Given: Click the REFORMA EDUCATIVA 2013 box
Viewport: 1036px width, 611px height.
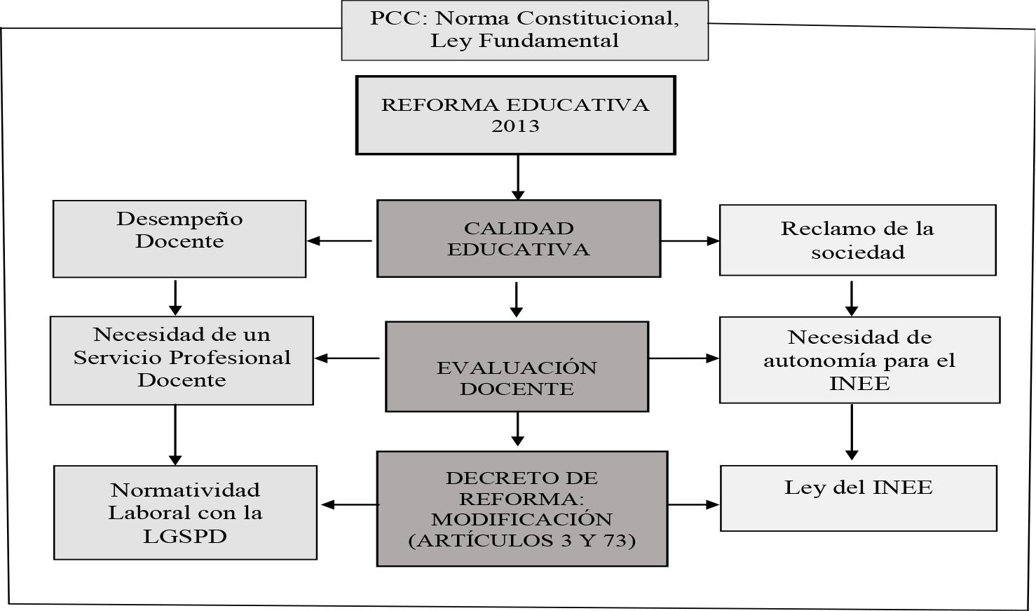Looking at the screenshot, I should pyautogui.click(x=515, y=115).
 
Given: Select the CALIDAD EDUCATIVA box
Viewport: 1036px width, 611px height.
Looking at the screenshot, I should pyautogui.click(x=518, y=239).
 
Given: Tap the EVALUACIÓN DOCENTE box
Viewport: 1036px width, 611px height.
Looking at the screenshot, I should pyautogui.click(x=517, y=367).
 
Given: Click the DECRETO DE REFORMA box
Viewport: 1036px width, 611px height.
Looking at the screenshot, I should pyautogui.click(x=522, y=509).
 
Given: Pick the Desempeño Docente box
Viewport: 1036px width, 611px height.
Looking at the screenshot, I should pyautogui.click(x=179, y=239).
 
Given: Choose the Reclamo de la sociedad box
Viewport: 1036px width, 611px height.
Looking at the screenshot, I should pyautogui.click(x=857, y=240).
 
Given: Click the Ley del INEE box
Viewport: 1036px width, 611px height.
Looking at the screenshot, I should pyautogui.click(x=858, y=498).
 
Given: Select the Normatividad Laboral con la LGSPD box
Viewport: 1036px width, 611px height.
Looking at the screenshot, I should pyautogui.click(x=185, y=513).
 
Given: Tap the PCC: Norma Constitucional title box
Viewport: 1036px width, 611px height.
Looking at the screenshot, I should pyautogui.click(x=524, y=29).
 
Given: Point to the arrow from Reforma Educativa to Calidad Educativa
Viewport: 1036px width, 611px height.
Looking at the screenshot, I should pyautogui.click(x=517, y=177).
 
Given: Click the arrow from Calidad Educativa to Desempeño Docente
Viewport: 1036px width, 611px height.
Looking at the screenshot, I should pyautogui.click(x=341, y=241).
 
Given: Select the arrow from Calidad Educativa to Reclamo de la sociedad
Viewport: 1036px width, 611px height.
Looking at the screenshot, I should pyautogui.click(x=690, y=241).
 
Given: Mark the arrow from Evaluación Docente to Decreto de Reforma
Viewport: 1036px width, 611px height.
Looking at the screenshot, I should pyautogui.click(x=517, y=429).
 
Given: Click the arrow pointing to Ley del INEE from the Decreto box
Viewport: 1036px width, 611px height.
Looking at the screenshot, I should pyautogui.click(x=693, y=504).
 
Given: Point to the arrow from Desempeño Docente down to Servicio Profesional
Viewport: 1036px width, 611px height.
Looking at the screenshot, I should pyautogui.click(x=175, y=297).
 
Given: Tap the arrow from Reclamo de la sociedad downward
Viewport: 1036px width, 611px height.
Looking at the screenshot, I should pyautogui.click(x=852, y=299).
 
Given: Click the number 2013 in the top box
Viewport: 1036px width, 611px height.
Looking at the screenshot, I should pyautogui.click(x=515, y=126).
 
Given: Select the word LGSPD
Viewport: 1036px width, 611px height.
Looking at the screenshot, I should pyautogui.click(x=185, y=537).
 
